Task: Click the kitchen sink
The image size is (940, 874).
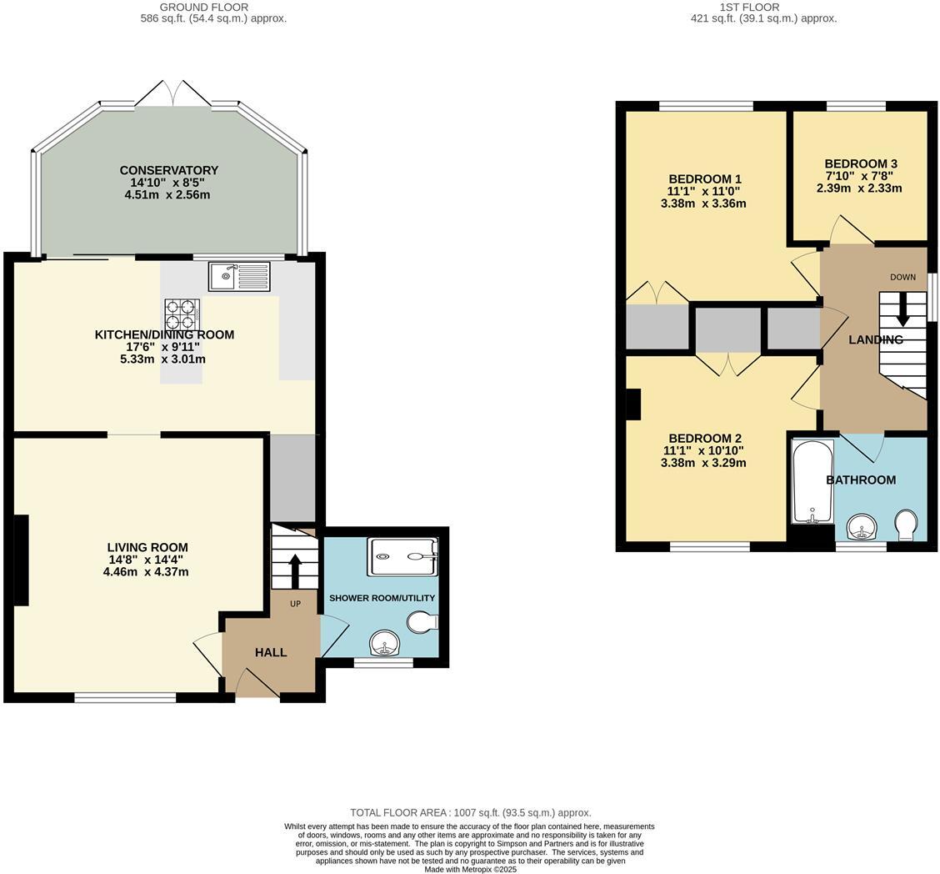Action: (x=239, y=275)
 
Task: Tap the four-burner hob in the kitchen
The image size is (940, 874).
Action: (x=182, y=315)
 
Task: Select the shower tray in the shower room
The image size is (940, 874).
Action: (x=402, y=556)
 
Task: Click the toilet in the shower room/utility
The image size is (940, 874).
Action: (x=422, y=622)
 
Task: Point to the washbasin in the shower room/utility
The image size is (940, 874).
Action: (x=384, y=644)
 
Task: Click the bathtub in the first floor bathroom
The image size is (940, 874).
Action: (x=811, y=481)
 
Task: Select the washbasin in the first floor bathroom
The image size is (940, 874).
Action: (x=861, y=528)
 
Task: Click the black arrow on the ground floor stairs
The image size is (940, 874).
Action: (x=295, y=570)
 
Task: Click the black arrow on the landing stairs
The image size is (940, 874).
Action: (x=902, y=309)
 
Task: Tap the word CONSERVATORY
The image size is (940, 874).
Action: (x=168, y=170)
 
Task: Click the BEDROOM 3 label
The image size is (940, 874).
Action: (x=861, y=163)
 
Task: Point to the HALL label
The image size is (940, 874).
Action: (x=271, y=652)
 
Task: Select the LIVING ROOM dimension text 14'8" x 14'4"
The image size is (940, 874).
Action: (x=145, y=560)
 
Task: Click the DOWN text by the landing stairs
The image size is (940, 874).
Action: (x=902, y=277)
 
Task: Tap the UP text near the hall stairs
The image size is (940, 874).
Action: (x=295, y=604)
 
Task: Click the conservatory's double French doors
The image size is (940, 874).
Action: (x=173, y=93)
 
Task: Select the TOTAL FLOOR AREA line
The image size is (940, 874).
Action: (x=470, y=812)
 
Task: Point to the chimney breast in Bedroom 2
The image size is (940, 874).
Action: (x=633, y=404)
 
